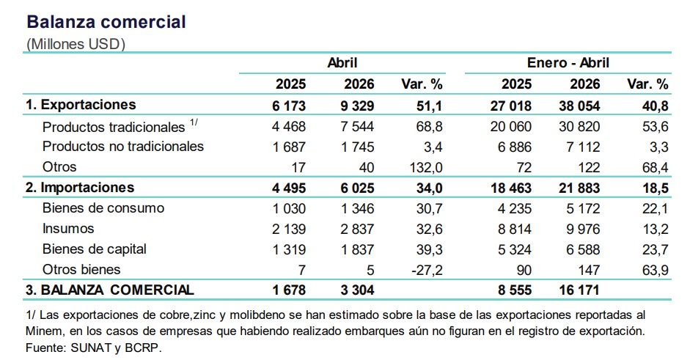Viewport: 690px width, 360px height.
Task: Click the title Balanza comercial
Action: point(106,22)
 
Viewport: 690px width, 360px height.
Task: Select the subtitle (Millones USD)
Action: point(76,44)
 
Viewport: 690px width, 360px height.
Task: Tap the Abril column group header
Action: point(342,62)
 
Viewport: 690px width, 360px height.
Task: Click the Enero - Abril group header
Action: point(568,62)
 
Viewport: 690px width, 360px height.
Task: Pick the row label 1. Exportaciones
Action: point(81,105)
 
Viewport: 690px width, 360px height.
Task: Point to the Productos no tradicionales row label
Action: point(123,146)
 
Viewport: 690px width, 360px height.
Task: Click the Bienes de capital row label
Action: point(94,249)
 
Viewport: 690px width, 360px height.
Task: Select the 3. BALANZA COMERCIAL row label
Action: point(109,290)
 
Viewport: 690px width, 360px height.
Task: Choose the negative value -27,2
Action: point(427,270)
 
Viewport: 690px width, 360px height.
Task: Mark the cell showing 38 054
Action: point(579,106)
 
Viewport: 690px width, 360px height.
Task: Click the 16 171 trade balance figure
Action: point(579,290)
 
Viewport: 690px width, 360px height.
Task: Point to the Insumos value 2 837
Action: point(358,229)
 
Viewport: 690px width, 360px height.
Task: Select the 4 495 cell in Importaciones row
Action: point(289,188)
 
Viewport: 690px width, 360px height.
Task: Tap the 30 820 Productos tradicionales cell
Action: point(579,126)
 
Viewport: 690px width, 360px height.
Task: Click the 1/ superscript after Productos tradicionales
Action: point(194,122)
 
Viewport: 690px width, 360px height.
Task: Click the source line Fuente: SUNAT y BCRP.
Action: point(94,348)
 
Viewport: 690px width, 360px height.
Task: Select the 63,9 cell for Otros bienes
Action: point(656,270)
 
